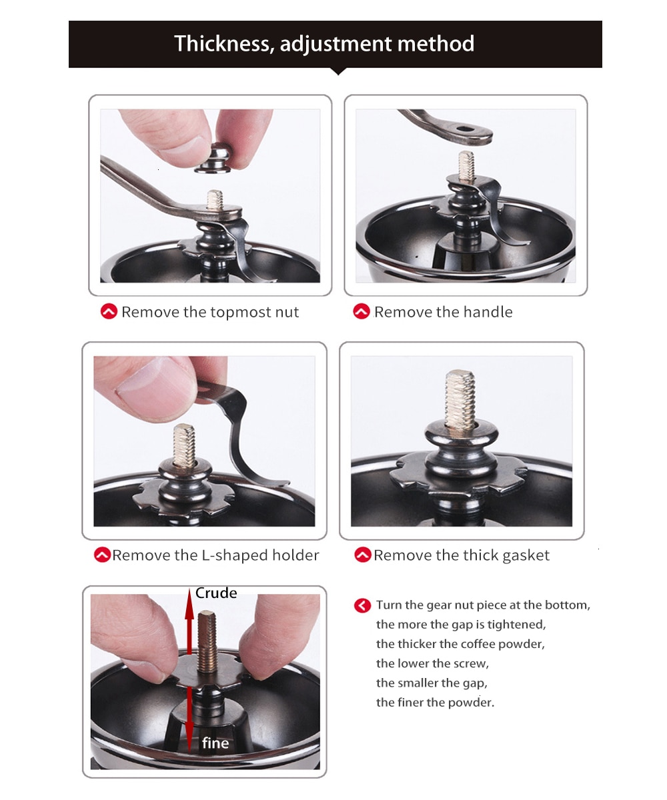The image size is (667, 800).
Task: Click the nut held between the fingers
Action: pyautogui.click(x=212, y=158)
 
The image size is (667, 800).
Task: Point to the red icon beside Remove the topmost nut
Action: pyautogui.click(x=109, y=311)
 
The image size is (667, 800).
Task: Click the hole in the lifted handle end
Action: pyautogui.click(x=466, y=129)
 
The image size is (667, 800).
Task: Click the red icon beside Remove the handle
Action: pyautogui.click(x=361, y=311)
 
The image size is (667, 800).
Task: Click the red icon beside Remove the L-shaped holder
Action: pyautogui.click(x=102, y=555)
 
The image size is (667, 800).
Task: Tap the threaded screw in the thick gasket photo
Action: pyautogui.click(x=460, y=399)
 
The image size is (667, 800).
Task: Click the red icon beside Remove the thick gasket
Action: pyautogui.click(x=363, y=555)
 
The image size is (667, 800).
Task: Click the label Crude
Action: pyautogui.click(x=216, y=593)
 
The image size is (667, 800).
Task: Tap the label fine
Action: pyautogui.click(x=215, y=743)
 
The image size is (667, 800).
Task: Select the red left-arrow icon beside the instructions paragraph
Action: pyautogui.click(x=362, y=606)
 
